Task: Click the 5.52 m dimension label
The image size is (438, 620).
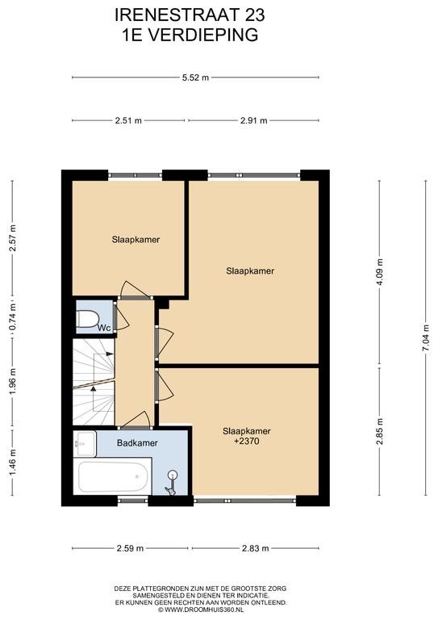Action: (x=195, y=77)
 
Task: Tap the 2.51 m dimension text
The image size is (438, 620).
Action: (x=128, y=120)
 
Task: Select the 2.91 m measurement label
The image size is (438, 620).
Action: (x=253, y=120)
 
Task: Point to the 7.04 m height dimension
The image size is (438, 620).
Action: (x=425, y=337)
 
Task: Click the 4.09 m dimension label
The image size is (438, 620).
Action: (x=380, y=272)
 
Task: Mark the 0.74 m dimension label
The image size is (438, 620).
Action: (x=13, y=316)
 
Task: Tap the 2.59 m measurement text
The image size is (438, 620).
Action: (x=130, y=548)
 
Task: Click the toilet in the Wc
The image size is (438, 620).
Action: (x=87, y=319)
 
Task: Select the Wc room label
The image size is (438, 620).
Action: (x=104, y=328)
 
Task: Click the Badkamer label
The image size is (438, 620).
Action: (x=137, y=443)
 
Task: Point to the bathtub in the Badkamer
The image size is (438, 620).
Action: (x=113, y=475)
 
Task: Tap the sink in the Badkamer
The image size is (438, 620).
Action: (x=85, y=443)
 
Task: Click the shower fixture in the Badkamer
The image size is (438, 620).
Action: (x=172, y=482)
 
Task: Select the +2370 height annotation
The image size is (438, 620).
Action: (x=247, y=441)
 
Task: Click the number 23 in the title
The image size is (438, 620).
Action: (x=255, y=15)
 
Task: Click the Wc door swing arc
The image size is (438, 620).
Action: (x=123, y=319)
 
